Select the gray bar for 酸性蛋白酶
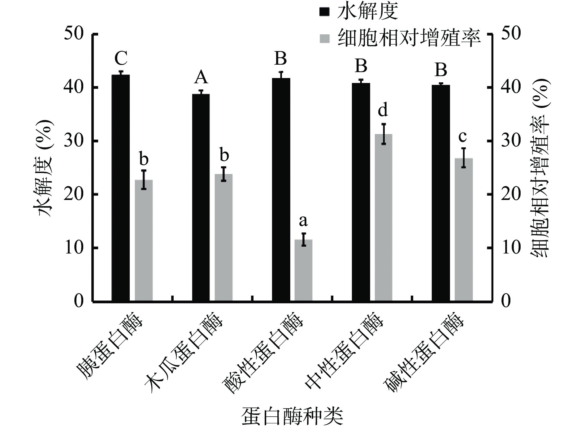point(303,270)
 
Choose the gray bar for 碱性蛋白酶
point(463,229)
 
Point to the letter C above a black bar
point(121,58)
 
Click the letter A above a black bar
point(201,77)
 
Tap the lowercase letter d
point(383,110)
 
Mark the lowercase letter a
point(303,221)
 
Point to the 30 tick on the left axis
point(74,141)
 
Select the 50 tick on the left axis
point(74,34)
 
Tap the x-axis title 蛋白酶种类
point(292,417)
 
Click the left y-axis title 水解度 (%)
point(44,167)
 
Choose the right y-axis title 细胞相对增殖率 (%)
point(540,167)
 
